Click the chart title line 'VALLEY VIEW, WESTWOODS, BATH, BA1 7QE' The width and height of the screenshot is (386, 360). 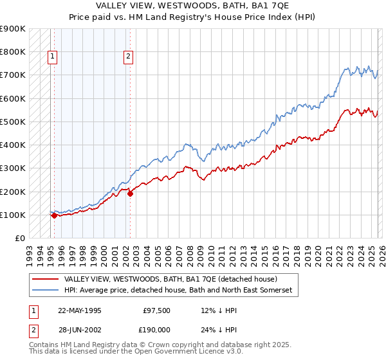[192, 5]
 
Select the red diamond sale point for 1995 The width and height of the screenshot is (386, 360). [54, 216]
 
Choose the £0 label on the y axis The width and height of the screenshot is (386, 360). [19, 239]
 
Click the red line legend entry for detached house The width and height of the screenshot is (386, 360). [170, 280]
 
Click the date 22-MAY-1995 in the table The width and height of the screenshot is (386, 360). [79, 309]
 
